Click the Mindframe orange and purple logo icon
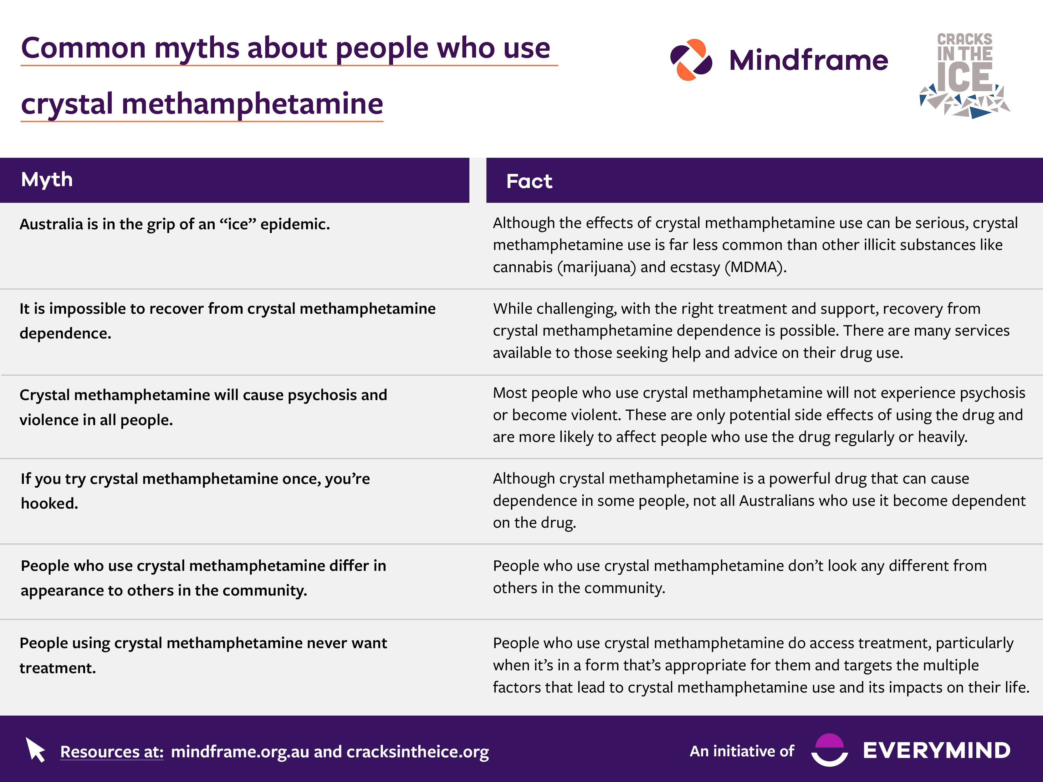pos(691,60)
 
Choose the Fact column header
pos(529,181)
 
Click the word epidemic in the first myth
pos(295,224)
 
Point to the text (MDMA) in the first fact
pos(755,267)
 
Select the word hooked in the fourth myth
pos(49,503)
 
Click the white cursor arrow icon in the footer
pos(35,749)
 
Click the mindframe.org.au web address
pos(240,751)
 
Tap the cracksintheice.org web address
pos(418,751)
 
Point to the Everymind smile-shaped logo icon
pos(829,749)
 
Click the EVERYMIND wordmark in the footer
pos(936,750)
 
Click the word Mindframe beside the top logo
pos(808,60)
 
